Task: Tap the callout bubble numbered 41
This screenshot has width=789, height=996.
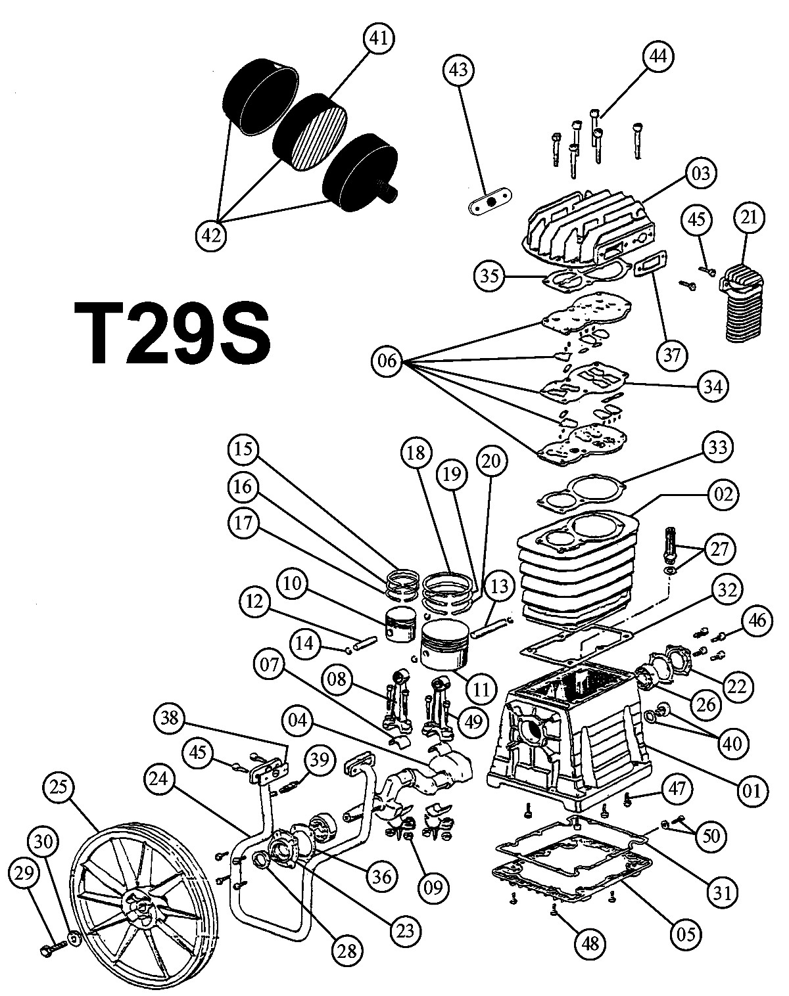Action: (379, 39)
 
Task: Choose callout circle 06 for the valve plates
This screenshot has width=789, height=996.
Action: (387, 361)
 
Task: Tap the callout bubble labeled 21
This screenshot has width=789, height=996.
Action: (749, 217)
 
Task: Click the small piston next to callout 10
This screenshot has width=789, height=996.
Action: (401, 624)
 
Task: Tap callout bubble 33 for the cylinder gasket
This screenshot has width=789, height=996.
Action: (717, 447)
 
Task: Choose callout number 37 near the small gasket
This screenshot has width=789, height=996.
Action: (671, 355)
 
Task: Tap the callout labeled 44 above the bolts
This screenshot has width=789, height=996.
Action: (658, 56)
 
